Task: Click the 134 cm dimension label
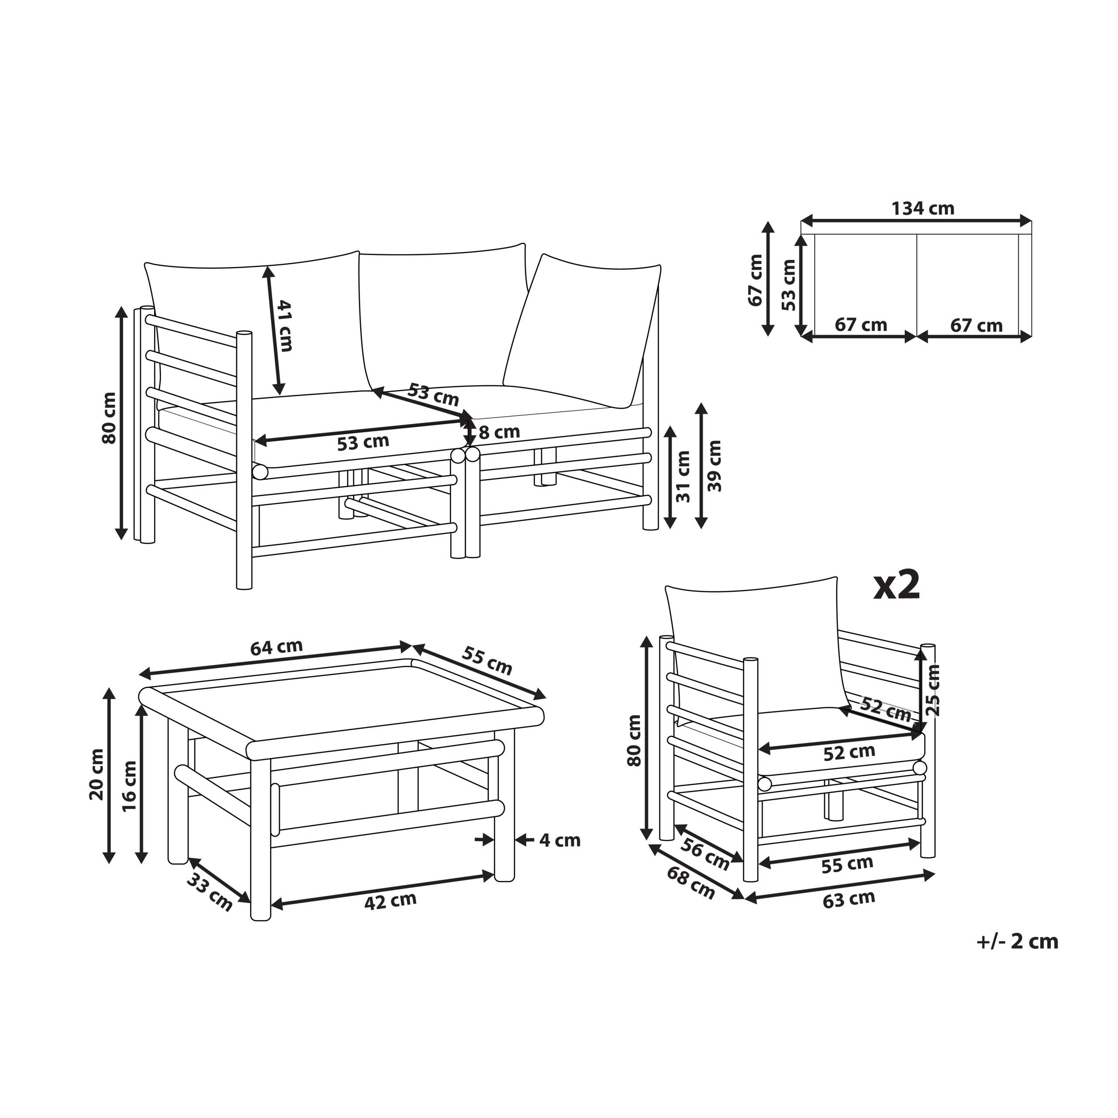click(922, 208)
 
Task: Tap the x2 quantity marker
click(897, 586)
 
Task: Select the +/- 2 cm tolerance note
click(1017, 942)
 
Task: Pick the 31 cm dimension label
click(683, 476)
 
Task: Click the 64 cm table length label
click(276, 646)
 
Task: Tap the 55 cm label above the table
click(487, 660)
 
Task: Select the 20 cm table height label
click(97, 774)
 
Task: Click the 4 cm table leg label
click(559, 840)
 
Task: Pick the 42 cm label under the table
click(390, 901)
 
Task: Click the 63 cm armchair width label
click(849, 899)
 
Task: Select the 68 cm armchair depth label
click(691, 883)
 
